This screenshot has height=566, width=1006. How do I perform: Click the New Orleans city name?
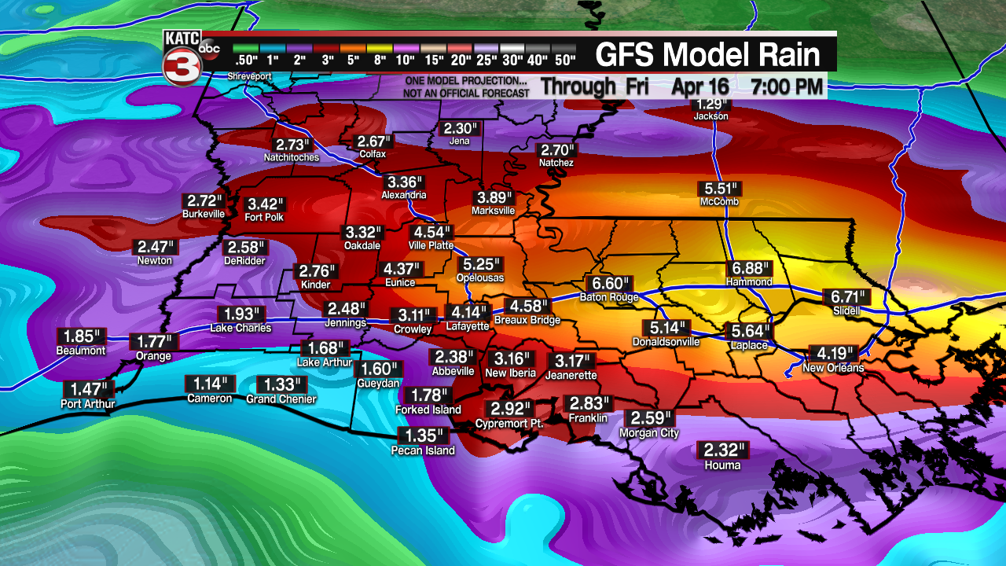pyautogui.click(x=833, y=368)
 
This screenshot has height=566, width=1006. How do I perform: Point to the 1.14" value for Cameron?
pyautogui.click(x=209, y=384)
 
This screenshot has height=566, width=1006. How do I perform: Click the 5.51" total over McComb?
pyautogui.click(x=720, y=189)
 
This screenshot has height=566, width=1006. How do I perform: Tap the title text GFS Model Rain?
pyautogui.click(x=707, y=55)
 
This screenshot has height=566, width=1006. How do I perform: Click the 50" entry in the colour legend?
pyautogui.click(x=564, y=58)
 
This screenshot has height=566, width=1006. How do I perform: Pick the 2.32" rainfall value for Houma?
pyautogui.click(x=722, y=450)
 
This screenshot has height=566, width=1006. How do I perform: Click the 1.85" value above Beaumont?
pyautogui.click(x=80, y=336)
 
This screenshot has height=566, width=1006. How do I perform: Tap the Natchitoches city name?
pyautogui.click(x=291, y=157)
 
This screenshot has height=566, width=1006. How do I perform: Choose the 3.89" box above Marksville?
pyautogui.click(x=493, y=197)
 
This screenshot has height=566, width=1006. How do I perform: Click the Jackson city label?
pyautogui.click(x=710, y=116)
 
